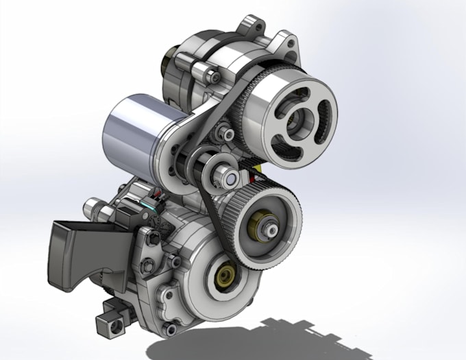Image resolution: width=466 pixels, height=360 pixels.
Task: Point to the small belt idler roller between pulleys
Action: [224, 173]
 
